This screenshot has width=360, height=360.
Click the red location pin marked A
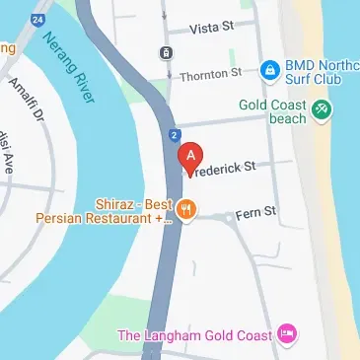pos(189,157)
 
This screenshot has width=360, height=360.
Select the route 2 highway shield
pos(174,133)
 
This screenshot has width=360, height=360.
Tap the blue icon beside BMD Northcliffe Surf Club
pos(268,68)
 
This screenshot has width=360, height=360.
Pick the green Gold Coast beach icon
pos(321,109)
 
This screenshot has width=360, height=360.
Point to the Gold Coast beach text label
pos(272,109)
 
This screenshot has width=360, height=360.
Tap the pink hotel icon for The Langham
pos(286,335)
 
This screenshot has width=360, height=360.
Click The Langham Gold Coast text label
pos(195,335)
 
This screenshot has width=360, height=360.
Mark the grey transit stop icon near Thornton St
pos(165,52)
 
